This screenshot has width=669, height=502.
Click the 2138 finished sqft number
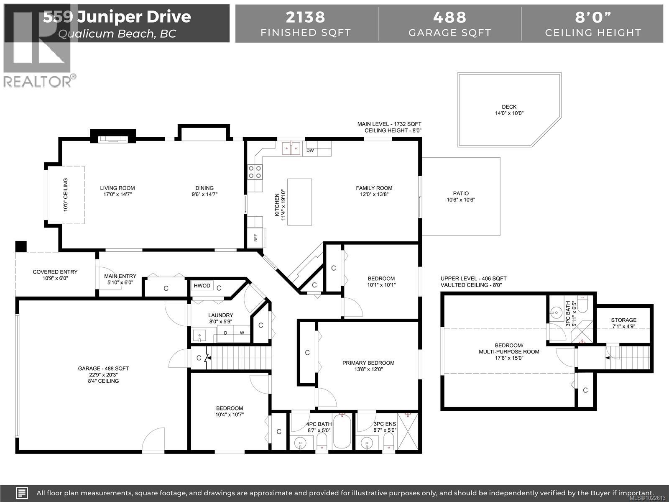(305, 17)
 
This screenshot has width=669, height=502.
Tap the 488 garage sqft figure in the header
(449, 17)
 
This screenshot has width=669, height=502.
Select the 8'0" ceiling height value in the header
(592, 17)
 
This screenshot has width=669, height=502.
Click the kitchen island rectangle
(299, 202)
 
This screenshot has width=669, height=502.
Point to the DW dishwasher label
(310, 151)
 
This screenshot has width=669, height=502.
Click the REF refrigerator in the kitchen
(255, 238)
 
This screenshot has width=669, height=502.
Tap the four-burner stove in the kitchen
(255, 172)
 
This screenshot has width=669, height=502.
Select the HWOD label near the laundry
(202, 286)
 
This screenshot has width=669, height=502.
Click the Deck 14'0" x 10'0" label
(509, 110)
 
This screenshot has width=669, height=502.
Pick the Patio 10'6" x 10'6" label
(461, 197)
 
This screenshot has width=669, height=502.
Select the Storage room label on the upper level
(623, 323)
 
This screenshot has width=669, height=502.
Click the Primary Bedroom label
(368, 366)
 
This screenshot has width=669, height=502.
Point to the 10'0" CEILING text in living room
(66, 195)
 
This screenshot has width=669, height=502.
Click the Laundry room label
(220, 318)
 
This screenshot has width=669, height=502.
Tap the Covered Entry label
(55, 275)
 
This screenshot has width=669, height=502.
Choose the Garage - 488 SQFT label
(103, 374)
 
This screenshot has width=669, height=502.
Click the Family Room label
(374, 191)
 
